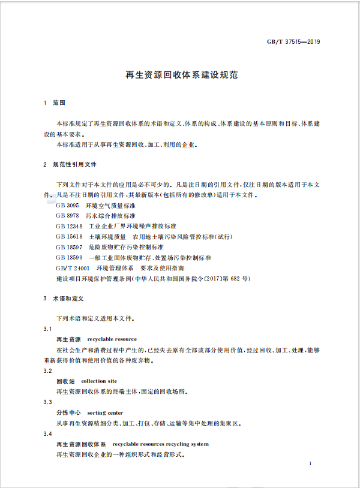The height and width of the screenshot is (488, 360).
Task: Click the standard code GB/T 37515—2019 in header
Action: pos(293,42)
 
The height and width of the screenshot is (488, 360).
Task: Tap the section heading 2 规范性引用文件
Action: pos(70,164)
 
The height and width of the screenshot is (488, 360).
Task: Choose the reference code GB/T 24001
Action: pos(72,268)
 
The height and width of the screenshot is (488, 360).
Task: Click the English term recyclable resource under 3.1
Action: pos(112,339)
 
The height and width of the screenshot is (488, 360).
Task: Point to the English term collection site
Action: pos(99,381)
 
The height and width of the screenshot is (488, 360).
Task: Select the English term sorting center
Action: pos(105,412)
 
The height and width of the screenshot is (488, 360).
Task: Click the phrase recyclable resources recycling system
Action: pos(160,444)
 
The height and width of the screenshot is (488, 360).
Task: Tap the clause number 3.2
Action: pos(48,370)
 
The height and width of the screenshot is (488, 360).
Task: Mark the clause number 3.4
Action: pos(48,433)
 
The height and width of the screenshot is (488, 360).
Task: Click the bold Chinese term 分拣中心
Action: pos(68,412)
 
